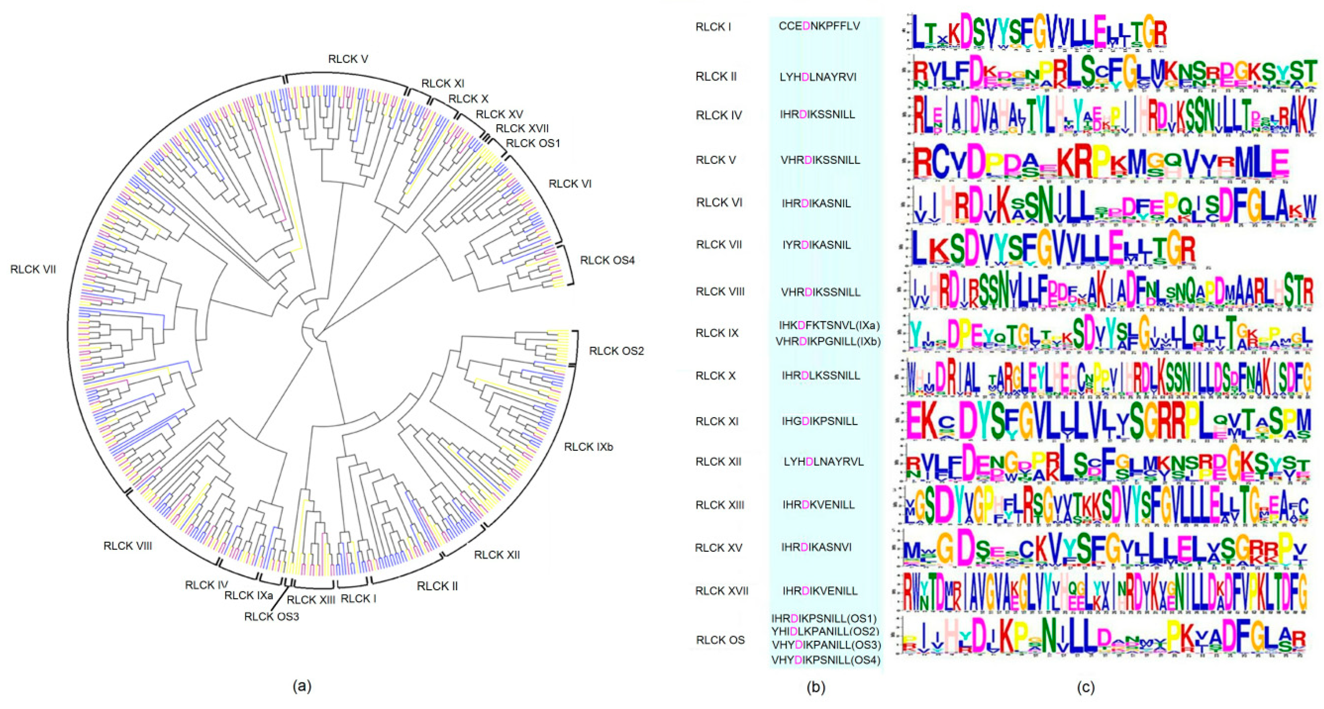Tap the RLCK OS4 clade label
[607, 261]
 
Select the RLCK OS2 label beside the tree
[616, 351]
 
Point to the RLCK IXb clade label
[588, 447]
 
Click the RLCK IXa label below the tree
[248, 595]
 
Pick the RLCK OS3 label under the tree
[271, 616]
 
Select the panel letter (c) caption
[1086, 687]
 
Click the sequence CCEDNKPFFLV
[819, 26]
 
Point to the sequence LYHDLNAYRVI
[818, 77]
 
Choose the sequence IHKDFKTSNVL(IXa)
[829, 325]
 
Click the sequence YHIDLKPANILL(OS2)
[825, 631]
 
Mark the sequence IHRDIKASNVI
[816, 547]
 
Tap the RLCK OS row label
[720, 640]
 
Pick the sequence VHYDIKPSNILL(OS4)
[825, 660]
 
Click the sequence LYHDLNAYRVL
[824, 462]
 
